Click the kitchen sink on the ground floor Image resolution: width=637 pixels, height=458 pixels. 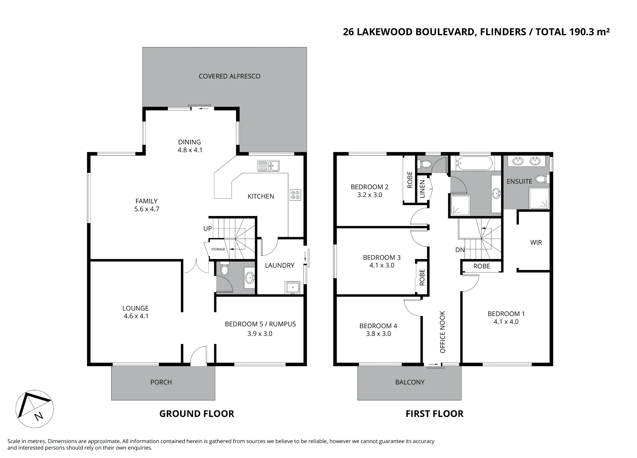(x=268, y=166)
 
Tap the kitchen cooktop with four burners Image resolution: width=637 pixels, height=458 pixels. (x=295, y=195)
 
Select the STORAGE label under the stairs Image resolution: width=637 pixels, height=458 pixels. (x=218, y=249)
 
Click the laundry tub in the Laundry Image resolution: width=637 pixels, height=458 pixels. (x=293, y=287)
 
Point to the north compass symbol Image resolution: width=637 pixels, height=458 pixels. (x=34, y=409)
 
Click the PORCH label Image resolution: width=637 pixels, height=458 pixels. (x=161, y=382)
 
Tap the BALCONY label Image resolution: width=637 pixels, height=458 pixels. (x=410, y=382)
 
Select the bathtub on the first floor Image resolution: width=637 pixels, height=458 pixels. (x=475, y=163)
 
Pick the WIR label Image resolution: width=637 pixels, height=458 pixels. (x=536, y=243)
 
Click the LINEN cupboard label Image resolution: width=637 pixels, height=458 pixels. (x=422, y=189)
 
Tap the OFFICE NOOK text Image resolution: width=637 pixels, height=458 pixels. (x=442, y=332)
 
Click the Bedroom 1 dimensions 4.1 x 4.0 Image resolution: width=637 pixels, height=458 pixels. (x=506, y=322)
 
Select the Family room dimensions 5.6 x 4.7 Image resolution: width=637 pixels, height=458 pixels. (x=147, y=209)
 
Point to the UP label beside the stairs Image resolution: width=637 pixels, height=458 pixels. (x=208, y=229)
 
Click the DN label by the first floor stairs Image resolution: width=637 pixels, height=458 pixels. (x=460, y=250)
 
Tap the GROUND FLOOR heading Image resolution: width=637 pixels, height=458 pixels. (x=197, y=414)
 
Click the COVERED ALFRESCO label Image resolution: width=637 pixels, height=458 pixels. (x=230, y=76)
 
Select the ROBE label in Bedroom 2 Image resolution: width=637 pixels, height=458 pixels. (x=410, y=180)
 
